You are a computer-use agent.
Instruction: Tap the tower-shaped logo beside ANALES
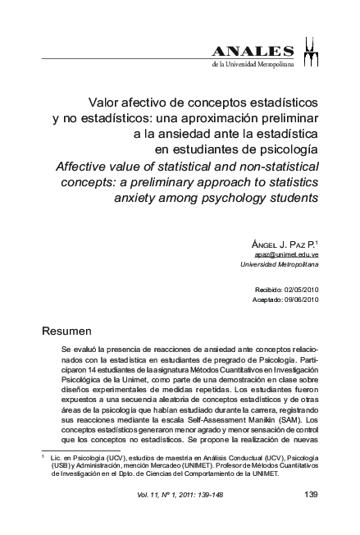(312, 51)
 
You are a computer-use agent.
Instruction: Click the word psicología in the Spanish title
(287, 150)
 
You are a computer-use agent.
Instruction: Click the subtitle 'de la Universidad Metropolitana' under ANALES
(252, 64)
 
